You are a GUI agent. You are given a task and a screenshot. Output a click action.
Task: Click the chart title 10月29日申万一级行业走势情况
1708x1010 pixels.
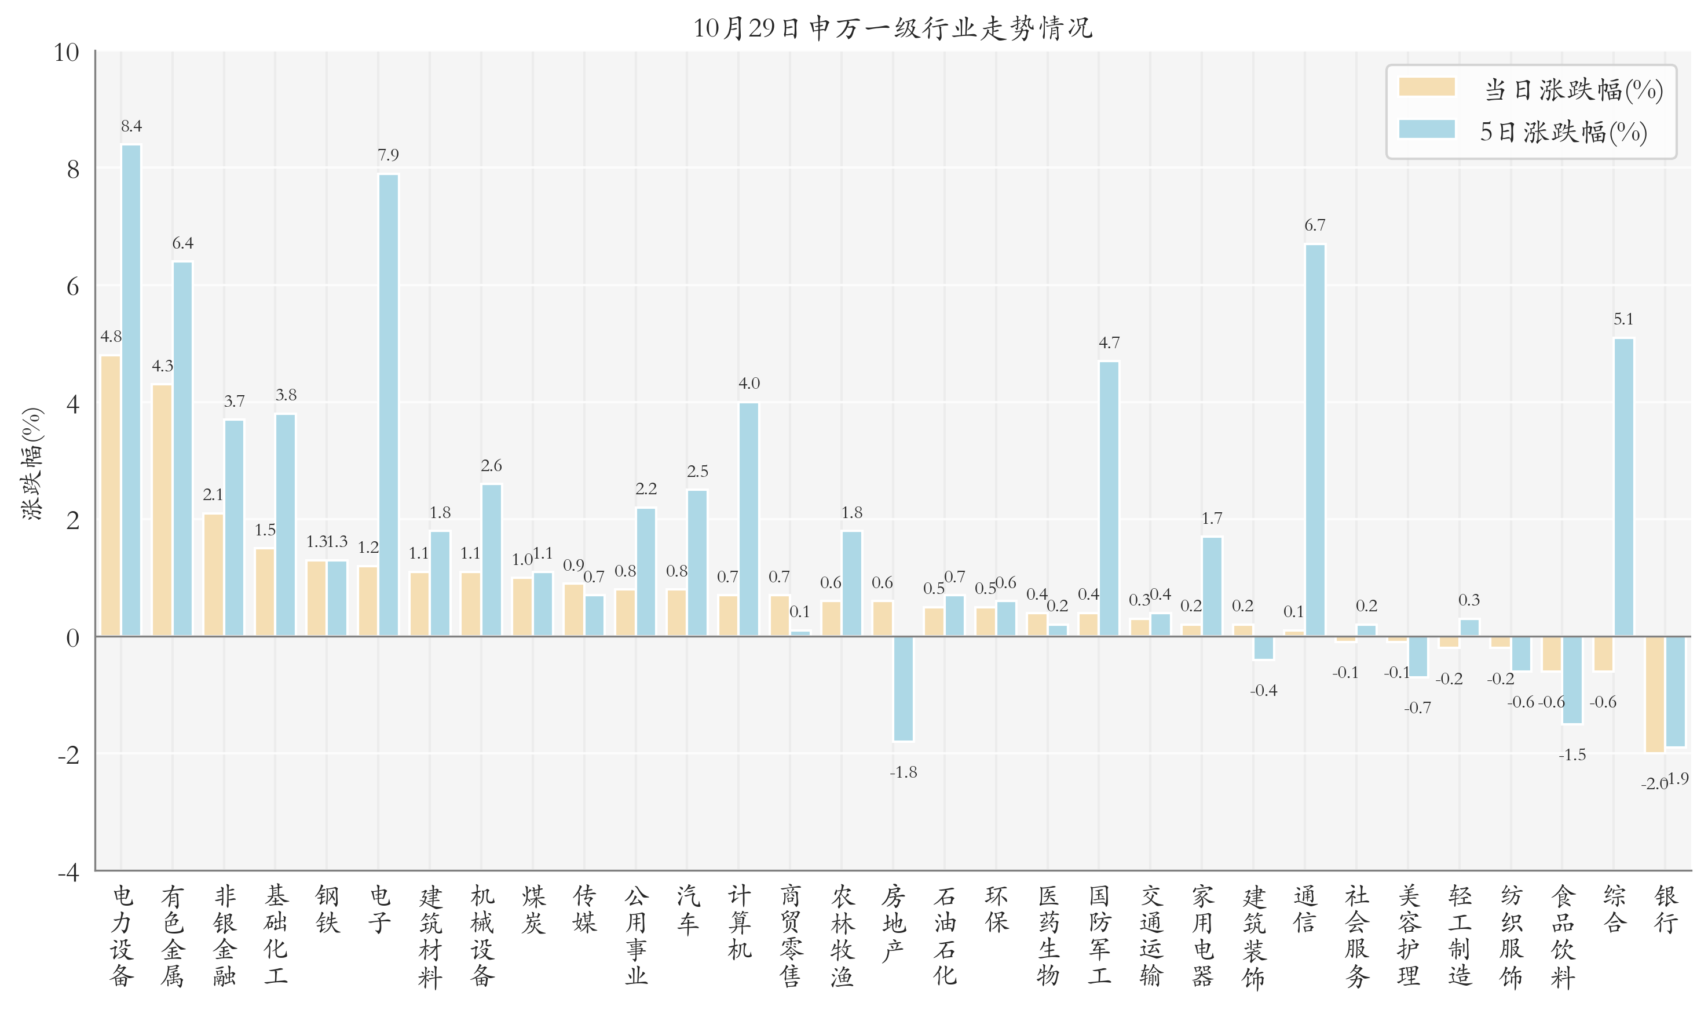(x=893, y=28)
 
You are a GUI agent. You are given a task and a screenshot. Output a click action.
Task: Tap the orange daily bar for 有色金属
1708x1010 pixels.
(x=162, y=510)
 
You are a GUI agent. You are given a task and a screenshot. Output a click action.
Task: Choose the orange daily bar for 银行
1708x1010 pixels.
(x=1654, y=694)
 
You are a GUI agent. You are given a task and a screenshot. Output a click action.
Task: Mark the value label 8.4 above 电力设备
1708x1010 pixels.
(x=131, y=126)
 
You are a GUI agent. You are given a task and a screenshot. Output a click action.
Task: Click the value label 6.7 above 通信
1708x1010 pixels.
(x=1315, y=225)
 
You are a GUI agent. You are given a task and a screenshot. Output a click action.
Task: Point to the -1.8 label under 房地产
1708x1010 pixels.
(x=904, y=772)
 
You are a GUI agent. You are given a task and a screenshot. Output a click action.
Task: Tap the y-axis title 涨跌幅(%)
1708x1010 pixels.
(x=32, y=464)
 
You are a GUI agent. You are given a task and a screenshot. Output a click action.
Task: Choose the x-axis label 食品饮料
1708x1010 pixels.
(x=1563, y=936)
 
